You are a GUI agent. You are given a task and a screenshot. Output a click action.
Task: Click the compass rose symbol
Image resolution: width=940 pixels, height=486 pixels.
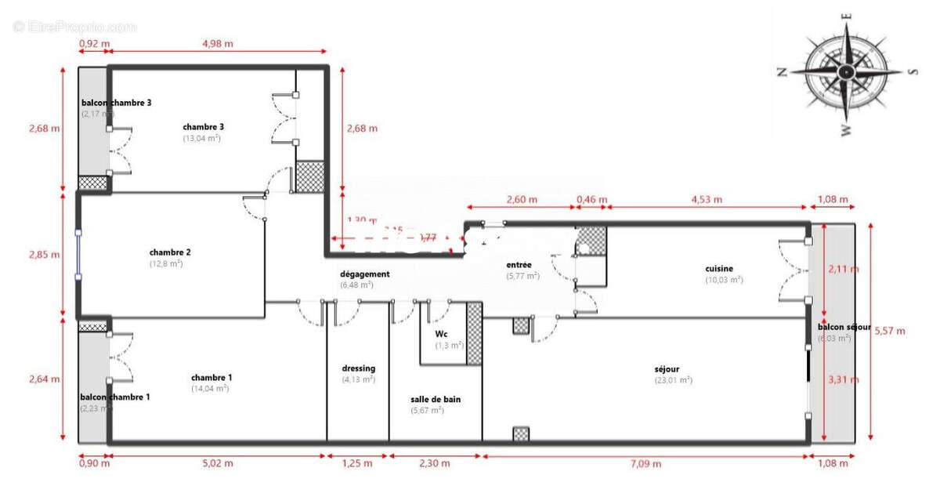click(846, 71)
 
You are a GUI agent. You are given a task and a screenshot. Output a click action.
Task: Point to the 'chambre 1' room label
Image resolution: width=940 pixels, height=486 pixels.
click(211, 377)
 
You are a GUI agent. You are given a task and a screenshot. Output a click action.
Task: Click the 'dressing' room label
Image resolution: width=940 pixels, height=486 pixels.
click(358, 368)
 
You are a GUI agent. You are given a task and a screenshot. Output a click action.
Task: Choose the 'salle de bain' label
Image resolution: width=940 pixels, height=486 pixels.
click(436, 399)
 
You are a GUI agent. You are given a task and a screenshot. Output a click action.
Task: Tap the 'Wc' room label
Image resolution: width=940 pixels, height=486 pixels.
click(441, 332)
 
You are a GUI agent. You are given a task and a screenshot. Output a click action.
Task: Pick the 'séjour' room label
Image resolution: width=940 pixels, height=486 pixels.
click(667, 369)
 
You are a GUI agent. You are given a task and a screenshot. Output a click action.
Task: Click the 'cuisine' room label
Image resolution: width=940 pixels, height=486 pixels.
click(719, 269)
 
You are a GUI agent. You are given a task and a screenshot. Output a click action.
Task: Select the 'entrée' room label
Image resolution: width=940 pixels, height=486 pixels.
click(519, 265)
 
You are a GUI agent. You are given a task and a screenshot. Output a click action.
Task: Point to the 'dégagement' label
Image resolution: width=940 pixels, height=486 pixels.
click(364, 274)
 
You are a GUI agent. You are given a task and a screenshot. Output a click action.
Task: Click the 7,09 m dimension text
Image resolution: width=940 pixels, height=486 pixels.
click(645, 463)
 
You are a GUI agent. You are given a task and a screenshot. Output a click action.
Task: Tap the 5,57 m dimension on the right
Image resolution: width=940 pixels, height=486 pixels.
click(889, 331)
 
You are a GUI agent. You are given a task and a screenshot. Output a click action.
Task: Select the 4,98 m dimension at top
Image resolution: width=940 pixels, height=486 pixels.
click(217, 44)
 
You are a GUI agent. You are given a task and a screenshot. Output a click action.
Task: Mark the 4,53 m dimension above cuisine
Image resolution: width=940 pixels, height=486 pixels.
click(707, 199)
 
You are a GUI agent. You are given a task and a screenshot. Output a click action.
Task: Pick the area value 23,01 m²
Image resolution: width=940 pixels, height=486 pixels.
click(674, 380)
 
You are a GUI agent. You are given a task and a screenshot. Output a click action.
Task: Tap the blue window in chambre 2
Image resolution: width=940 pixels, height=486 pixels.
click(78, 254)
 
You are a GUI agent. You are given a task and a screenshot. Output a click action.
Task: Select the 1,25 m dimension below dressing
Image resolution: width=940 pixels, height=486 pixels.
click(357, 463)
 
